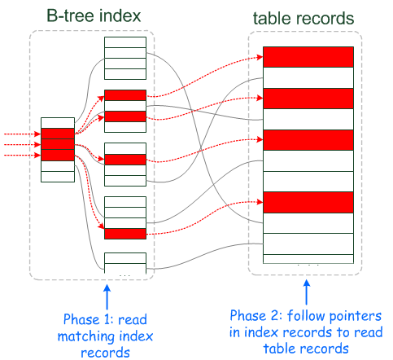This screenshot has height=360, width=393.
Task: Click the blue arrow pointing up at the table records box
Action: [x=307, y=292]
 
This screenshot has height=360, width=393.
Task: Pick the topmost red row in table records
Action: [x=308, y=57]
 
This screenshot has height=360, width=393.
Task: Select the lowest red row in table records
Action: [x=308, y=201]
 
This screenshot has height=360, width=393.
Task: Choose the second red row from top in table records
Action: [x=308, y=99]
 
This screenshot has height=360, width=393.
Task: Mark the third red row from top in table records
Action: [x=308, y=140]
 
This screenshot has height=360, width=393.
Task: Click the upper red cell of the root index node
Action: [x=58, y=134]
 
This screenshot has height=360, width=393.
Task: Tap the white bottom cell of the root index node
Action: [x=58, y=176]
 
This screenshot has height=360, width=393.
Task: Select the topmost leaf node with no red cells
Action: [x=125, y=57]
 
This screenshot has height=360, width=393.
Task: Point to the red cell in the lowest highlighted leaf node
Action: [x=125, y=235]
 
